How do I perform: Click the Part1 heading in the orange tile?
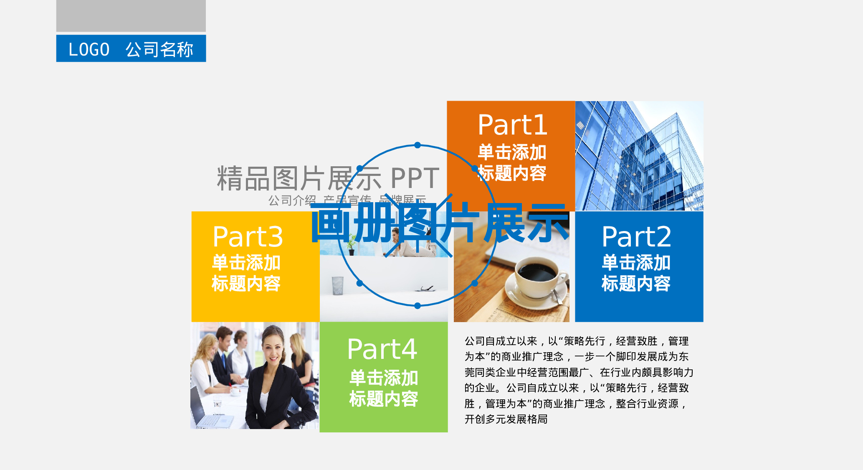click(x=512, y=125)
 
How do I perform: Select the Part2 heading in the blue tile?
click(x=636, y=236)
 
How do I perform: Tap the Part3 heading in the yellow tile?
click(x=248, y=236)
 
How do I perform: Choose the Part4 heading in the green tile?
click(x=382, y=349)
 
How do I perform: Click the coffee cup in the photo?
click(x=537, y=275)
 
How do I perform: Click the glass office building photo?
click(x=639, y=156)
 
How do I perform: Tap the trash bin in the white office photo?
click(x=337, y=285)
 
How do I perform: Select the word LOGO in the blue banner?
click(x=89, y=49)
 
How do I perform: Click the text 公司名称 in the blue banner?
click(x=159, y=49)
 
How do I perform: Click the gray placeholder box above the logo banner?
click(x=131, y=15)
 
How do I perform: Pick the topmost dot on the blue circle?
click(x=418, y=145)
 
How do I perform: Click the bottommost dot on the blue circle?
click(x=418, y=306)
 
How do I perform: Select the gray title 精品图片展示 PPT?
click(x=328, y=178)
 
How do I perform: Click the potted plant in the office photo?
click(x=352, y=244)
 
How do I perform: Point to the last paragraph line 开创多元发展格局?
click(x=506, y=419)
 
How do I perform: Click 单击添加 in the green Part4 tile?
click(x=383, y=378)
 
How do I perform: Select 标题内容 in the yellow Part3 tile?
click(x=246, y=283)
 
